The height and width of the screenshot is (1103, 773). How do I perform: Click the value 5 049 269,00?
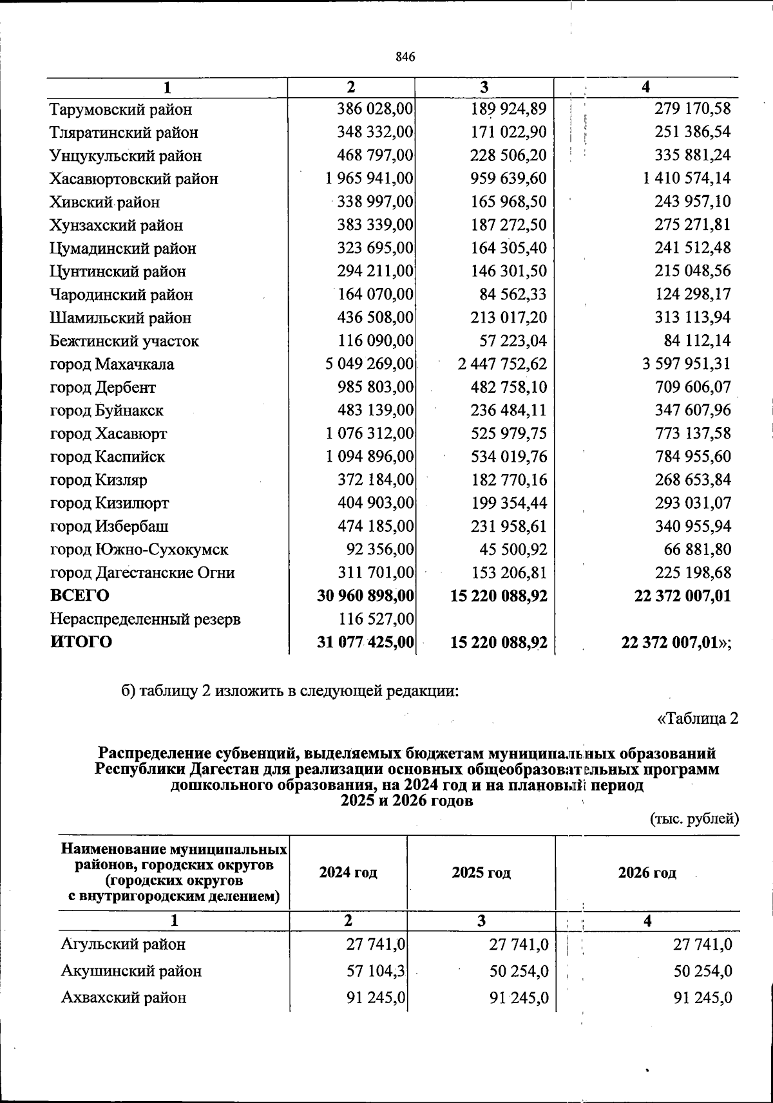coord(369,364)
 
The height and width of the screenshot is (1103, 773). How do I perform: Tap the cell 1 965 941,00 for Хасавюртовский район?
coord(369,178)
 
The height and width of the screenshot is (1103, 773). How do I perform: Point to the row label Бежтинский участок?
coord(124,341)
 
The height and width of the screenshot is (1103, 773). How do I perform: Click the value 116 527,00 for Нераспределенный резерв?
coord(375,619)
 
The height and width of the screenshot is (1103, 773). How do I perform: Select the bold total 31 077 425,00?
coord(365,642)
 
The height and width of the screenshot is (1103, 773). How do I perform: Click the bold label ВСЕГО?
coord(80,596)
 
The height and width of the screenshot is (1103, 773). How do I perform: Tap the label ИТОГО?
coord(81,642)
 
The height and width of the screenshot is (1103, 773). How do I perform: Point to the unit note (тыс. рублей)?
coord(692,819)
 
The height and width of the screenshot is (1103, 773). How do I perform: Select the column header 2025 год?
coord(481,872)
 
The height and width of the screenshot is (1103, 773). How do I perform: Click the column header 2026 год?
coord(647,872)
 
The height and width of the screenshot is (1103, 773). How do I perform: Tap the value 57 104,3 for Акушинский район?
coord(376,971)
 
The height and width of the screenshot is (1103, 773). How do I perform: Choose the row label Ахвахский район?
coord(124,998)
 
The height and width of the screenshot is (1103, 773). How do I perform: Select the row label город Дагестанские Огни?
coord(142,573)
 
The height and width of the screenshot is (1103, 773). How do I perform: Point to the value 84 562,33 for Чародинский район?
coord(509,294)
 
